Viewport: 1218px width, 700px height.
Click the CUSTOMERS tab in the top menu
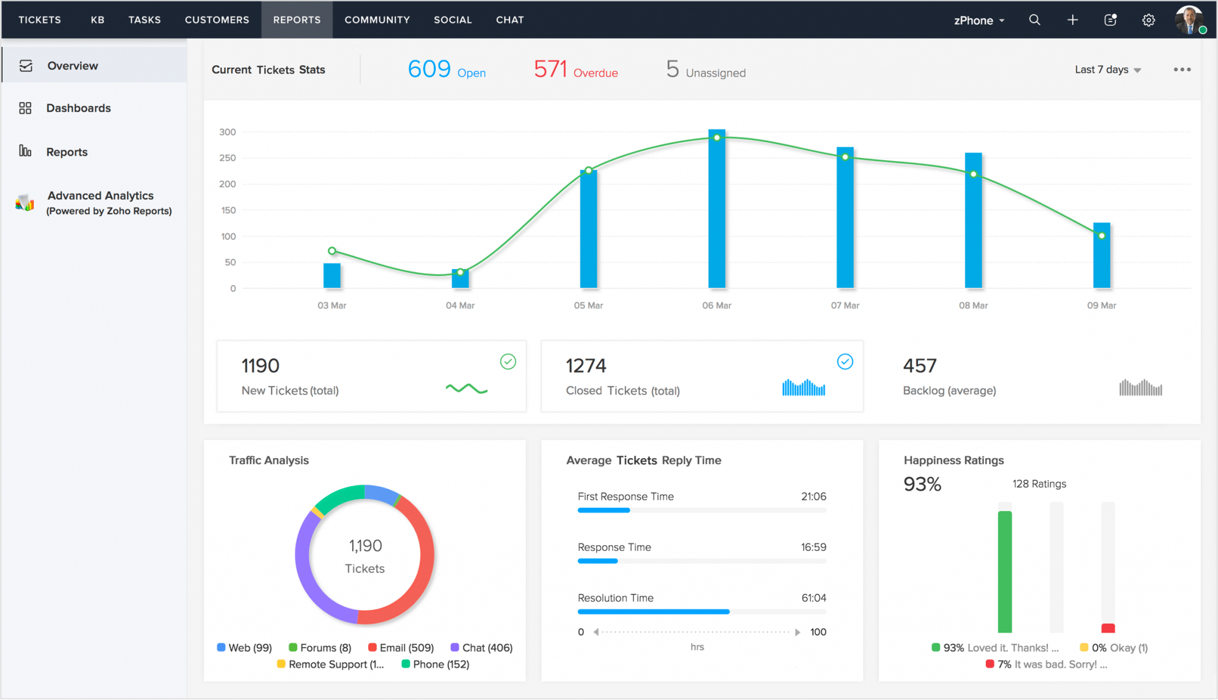(217, 20)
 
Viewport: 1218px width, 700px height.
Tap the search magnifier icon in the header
(1035, 20)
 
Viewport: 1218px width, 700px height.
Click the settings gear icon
(1148, 20)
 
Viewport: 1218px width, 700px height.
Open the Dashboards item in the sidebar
(78, 108)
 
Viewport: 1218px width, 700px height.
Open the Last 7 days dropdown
(1108, 70)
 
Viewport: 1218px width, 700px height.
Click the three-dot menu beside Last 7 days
(1182, 70)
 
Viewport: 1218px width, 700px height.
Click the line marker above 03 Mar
(332, 251)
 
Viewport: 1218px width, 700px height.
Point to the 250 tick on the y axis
(228, 158)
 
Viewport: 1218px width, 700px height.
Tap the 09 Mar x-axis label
(1101, 305)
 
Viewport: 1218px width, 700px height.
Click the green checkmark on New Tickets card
(508, 362)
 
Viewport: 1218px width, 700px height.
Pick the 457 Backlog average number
(919, 366)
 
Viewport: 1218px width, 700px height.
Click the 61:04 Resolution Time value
(813, 598)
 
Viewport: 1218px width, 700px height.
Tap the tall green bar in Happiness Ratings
(1004, 571)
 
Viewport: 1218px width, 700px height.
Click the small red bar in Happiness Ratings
(1108, 628)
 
